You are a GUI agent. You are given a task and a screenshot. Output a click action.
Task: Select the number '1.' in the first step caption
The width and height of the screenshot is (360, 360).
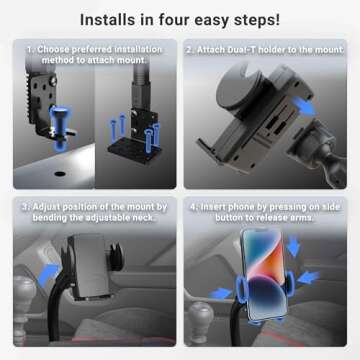(x=30, y=47)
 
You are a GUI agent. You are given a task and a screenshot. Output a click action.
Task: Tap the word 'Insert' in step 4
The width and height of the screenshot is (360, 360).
(x=218, y=206)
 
